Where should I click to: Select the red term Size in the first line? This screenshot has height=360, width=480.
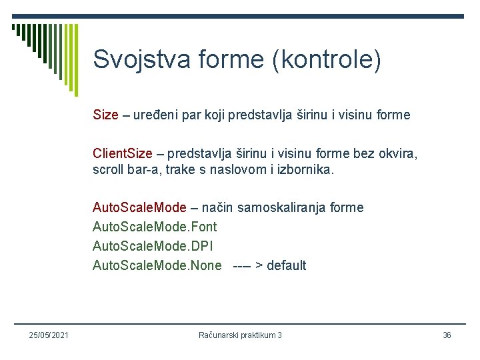point(105,115)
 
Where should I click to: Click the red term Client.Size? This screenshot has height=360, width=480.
point(123,155)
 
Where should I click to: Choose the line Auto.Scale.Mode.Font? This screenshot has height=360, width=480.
point(155,227)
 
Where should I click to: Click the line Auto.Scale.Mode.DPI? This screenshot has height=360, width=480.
point(153,246)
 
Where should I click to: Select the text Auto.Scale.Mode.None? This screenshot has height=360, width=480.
point(157,265)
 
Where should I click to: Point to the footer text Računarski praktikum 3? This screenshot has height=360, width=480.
point(240,335)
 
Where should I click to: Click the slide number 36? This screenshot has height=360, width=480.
point(447,335)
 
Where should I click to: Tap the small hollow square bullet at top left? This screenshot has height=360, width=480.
point(15,28)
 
